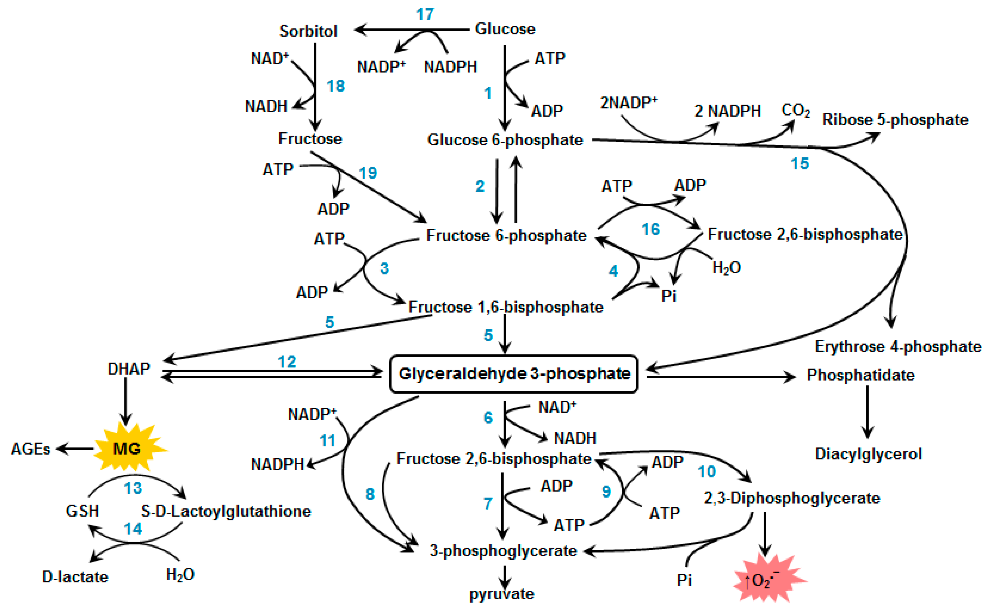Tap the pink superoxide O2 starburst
[766, 579]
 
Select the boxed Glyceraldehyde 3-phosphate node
[514, 374]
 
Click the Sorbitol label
[308, 31]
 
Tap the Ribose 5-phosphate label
[895, 120]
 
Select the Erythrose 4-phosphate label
[898, 347]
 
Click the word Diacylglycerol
[868, 453]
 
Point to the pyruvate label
[502, 594]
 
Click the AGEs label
[31, 449]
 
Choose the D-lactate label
[75, 577]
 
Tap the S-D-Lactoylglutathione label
[226, 511]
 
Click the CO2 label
[795, 110]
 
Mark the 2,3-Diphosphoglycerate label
[792, 498]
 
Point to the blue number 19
[368, 173]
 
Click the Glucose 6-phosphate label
[505, 140]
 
